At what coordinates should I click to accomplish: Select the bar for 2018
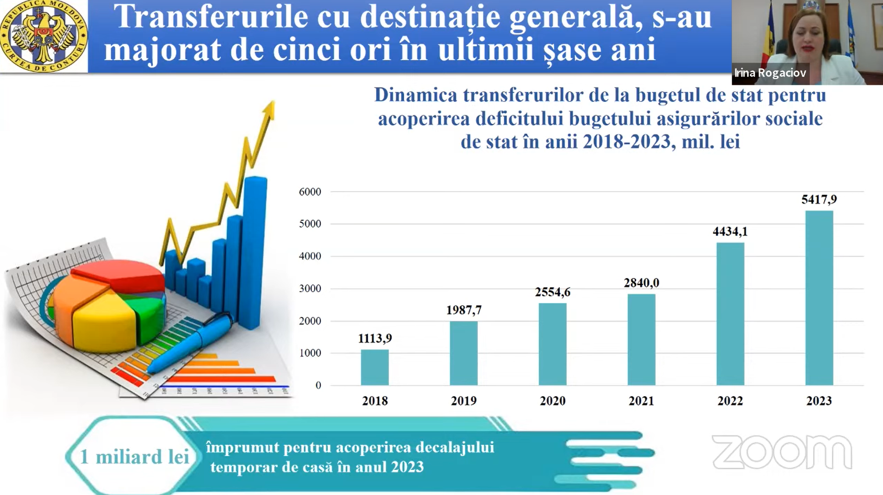point(375,367)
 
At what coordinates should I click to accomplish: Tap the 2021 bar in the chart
point(641,339)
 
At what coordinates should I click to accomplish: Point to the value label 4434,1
point(730,232)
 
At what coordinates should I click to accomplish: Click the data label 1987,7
point(463,310)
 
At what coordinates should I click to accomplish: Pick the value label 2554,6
point(552,292)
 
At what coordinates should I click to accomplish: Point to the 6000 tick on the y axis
point(310,192)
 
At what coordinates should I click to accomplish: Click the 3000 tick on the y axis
point(310,288)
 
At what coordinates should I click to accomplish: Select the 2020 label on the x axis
point(552,401)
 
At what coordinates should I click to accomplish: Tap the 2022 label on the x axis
point(730,401)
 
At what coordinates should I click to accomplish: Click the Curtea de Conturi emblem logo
point(44,36)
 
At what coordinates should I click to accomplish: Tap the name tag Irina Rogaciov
point(770,73)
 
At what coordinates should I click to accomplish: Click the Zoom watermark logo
point(782,452)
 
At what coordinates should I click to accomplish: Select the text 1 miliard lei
point(134,457)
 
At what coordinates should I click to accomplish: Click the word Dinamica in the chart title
point(415,95)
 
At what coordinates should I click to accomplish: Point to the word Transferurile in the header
point(211,17)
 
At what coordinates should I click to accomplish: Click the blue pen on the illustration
point(194,343)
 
